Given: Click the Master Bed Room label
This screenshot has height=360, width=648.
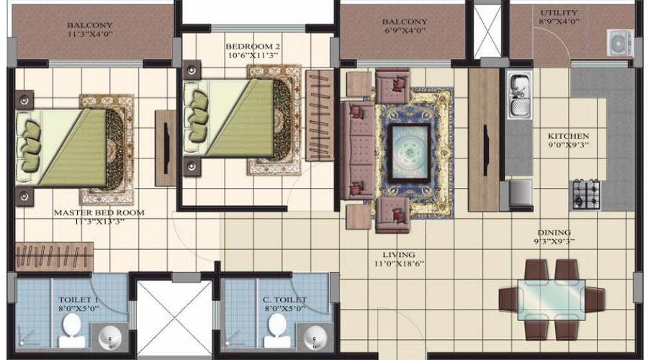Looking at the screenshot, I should click(x=99, y=213).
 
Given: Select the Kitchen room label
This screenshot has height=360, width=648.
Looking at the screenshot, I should click(x=568, y=136).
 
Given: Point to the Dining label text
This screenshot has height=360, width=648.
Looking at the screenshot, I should click(x=554, y=233).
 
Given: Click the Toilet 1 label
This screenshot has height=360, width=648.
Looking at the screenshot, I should click(x=79, y=300).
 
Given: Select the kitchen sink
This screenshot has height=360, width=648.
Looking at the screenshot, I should click(x=518, y=95).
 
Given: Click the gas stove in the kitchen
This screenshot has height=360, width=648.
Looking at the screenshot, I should click(x=585, y=193).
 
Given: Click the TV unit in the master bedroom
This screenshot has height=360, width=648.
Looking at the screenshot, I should click(x=166, y=148).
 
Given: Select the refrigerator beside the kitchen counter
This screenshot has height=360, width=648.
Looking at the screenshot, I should click(x=520, y=193).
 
